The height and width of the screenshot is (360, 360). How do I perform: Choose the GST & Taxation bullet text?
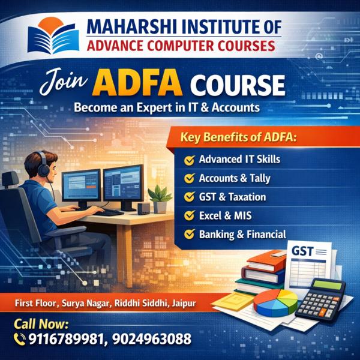[x=232, y=197]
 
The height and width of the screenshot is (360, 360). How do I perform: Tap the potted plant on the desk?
[x=160, y=196]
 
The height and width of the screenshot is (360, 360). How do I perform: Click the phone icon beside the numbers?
[x=18, y=339]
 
